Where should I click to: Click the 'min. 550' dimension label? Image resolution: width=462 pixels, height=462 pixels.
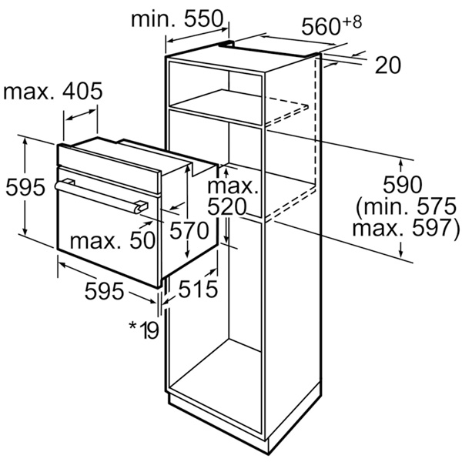[177, 19]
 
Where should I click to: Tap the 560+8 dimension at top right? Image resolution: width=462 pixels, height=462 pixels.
[332, 25]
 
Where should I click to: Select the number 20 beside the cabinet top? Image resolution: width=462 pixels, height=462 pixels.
[388, 65]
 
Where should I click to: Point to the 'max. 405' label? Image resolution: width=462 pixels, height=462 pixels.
[52, 91]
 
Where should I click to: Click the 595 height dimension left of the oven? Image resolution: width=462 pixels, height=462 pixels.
[25, 187]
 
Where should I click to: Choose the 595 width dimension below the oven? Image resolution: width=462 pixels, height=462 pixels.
[104, 291]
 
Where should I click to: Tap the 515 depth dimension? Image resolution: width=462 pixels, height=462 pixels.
[199, 289]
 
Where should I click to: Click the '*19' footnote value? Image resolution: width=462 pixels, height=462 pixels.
[144, 330]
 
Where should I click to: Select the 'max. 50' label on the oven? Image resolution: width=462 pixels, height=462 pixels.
[112, 240]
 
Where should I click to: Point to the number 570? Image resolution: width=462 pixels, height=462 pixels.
[189, 230]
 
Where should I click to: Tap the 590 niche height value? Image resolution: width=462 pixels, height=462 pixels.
[402, 185]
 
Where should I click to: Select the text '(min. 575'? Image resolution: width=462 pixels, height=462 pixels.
[407, 206]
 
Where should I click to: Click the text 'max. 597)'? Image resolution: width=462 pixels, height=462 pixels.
[406, 227]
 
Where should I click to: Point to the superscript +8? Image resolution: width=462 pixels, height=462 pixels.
[353, 22]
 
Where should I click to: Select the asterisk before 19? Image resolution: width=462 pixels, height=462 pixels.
[133, 326]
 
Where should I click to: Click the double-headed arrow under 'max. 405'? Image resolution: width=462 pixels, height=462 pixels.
[81, 115]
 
